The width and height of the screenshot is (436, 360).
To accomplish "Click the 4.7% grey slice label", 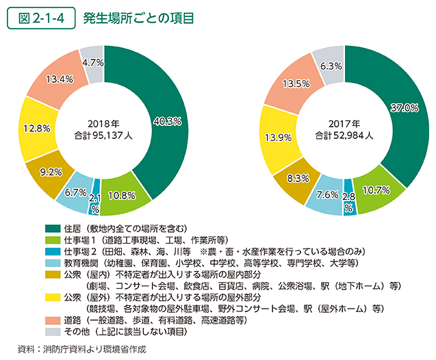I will tap(92, 62).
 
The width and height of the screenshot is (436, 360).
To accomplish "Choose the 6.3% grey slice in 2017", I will tap(331, 66).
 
